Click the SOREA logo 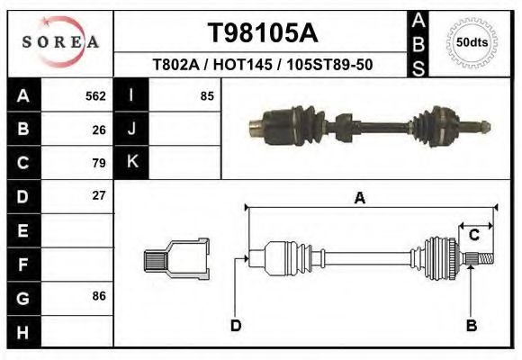[60, 42]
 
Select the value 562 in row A [94, 96]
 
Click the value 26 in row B [99, 130]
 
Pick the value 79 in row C [99, 163]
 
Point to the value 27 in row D [99, 195]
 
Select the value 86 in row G [99, 295]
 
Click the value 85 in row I [206, 96]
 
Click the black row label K [131, 163]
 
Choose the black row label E [23, 229]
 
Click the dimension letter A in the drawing [359, 199]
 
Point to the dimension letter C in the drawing [473, 236]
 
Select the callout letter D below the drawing [236, 326]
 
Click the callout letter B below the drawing [471, 326]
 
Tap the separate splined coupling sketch [177, 260]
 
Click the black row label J [131, 130]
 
